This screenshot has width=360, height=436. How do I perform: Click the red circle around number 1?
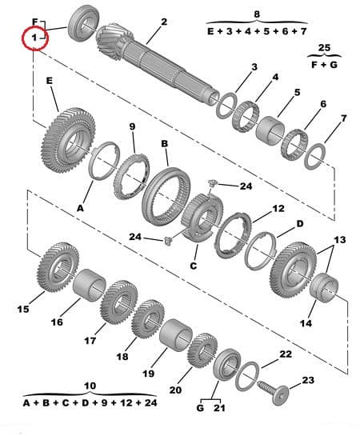34,38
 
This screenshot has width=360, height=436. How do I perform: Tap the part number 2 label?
164,22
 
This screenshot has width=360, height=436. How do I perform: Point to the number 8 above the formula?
257,14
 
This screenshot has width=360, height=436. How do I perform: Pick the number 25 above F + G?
323,48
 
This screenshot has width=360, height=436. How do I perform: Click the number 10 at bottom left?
90,386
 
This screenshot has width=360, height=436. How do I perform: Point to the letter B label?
164,144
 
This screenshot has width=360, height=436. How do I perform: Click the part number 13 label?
340,240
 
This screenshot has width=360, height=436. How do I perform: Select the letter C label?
194,266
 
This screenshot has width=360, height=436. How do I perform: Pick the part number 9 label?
132,127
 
